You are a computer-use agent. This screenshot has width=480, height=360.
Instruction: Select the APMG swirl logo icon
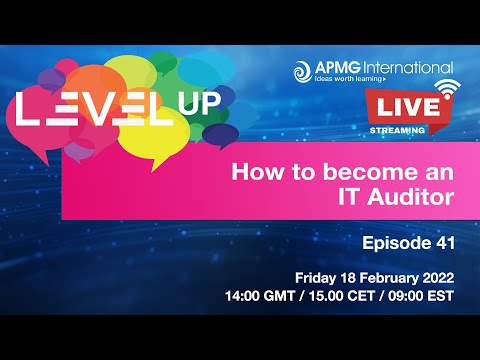[x=304, y=70]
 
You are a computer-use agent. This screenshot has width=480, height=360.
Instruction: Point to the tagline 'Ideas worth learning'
[x=354, y=81]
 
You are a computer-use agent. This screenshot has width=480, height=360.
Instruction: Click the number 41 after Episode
[x=446, y=241]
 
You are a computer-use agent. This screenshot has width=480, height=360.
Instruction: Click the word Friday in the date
[x=317, y=276]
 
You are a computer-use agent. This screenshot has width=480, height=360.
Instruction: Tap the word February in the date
[x=386, y=276]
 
